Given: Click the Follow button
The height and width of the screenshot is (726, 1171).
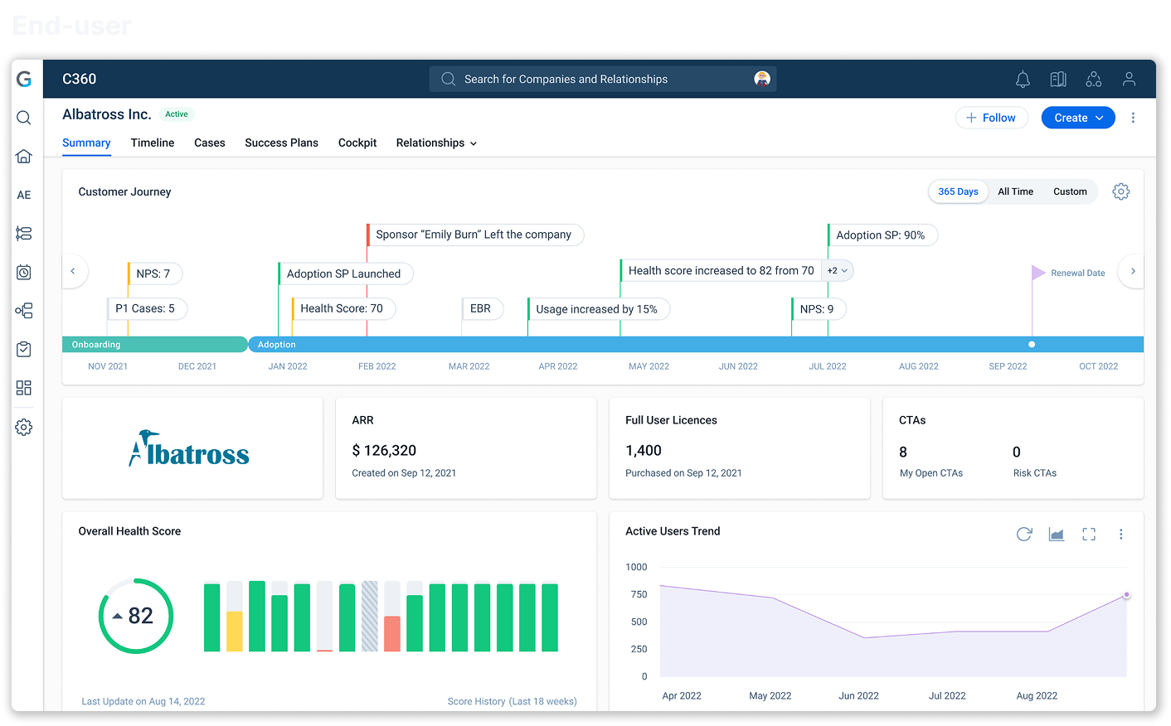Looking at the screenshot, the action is tap(991, 118).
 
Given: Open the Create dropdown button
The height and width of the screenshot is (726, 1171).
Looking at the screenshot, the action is tap(1078, 118).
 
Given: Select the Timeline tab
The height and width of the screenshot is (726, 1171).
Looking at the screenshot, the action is tap(152, 143).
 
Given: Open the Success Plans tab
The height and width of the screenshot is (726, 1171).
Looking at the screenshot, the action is tap(281, 143).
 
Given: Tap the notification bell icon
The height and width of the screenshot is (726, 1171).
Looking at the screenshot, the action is tap(1023, 79).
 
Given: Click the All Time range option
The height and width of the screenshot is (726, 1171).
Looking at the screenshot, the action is tap(1015, 191).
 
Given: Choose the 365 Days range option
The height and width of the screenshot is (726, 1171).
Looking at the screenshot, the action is tap(958, 191).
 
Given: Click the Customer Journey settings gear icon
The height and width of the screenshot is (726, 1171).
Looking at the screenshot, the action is tap(1120, 191).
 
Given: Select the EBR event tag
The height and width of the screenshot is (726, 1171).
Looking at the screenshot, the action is tap(482, 308).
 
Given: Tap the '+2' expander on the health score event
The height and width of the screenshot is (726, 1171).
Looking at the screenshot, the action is tap(837, 270).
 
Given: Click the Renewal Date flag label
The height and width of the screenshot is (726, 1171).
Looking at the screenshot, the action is tap(1077, 273).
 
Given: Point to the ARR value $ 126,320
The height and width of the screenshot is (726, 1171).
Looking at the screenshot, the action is tap(384, 450).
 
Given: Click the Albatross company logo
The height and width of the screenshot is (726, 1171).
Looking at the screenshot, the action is tap(189, 448).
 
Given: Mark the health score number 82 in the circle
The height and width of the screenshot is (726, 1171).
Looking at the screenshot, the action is tap(140, 616).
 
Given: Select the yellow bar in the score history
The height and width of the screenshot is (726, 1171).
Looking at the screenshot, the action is tap(234, 631).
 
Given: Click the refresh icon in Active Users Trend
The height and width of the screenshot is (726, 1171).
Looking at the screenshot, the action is tap(1024, 534).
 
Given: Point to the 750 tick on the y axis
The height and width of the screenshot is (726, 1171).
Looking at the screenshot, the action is tap(639, 594).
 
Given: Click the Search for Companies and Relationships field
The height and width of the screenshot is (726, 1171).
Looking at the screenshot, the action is tap(602, 79).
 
